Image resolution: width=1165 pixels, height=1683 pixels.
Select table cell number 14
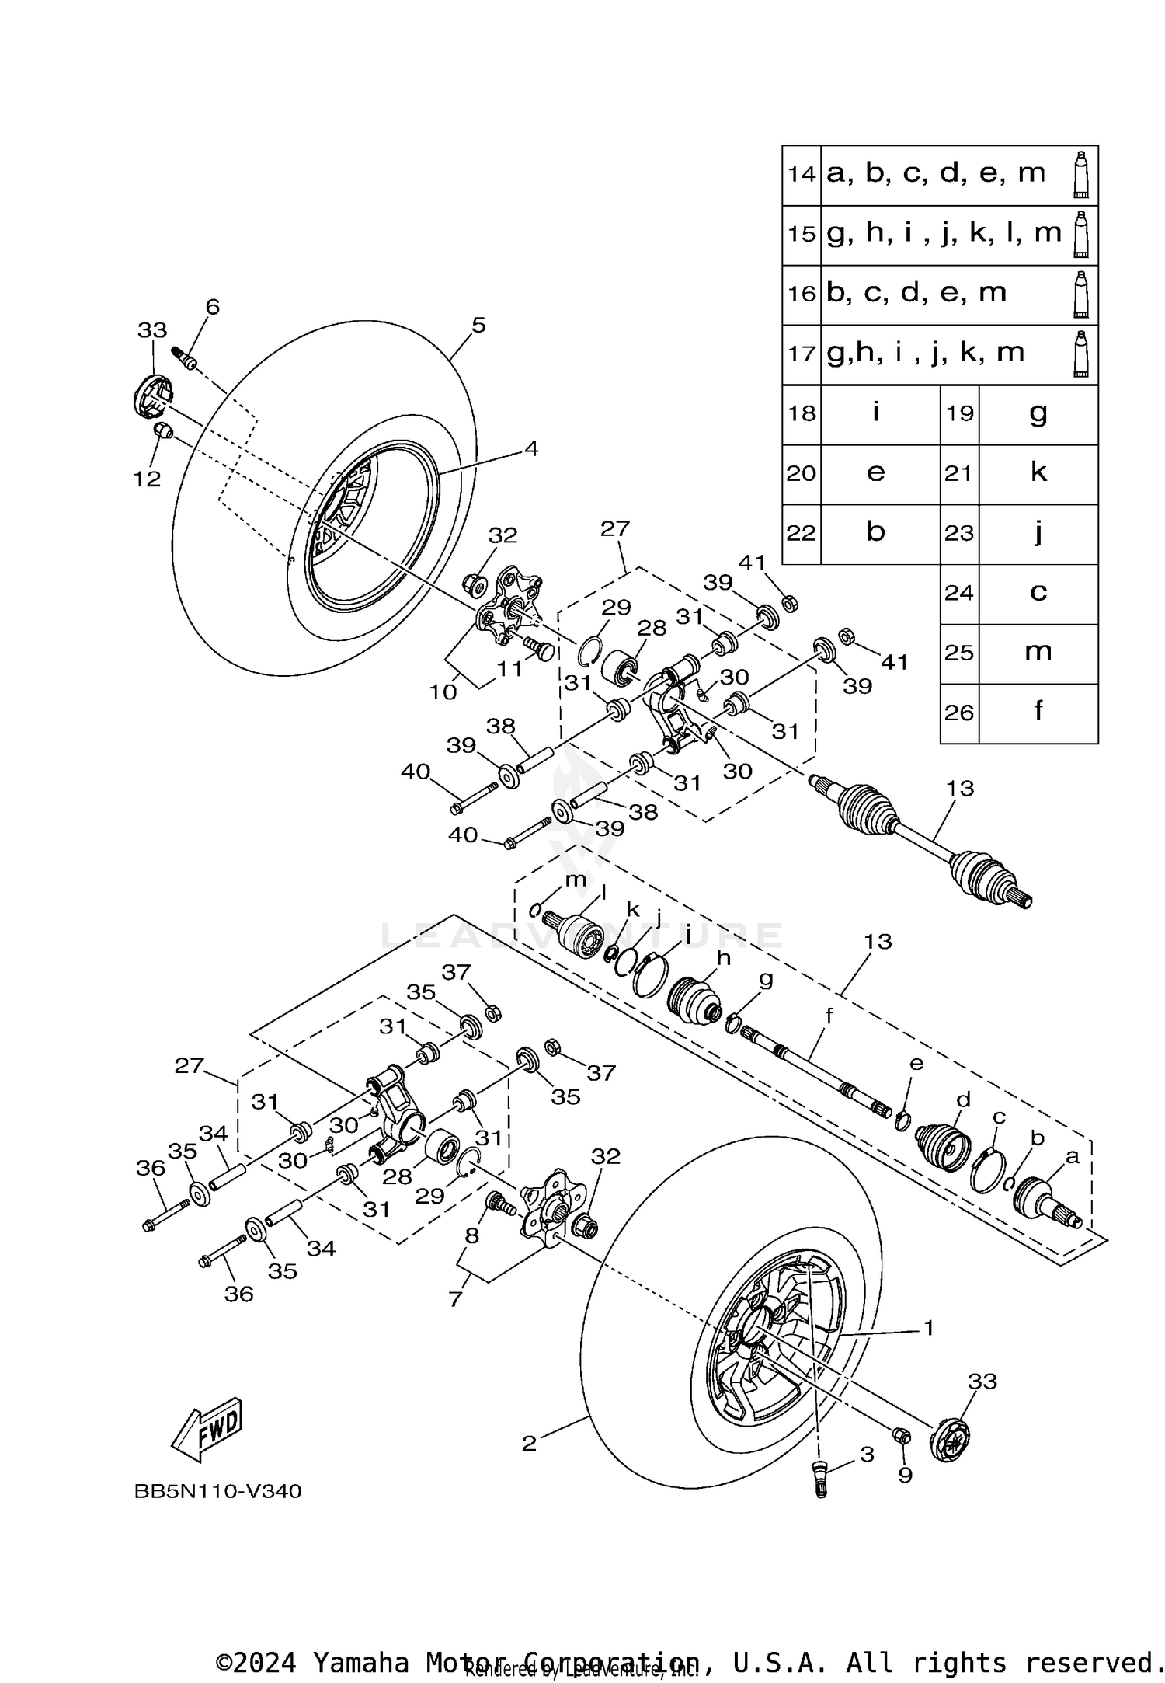[801, 174]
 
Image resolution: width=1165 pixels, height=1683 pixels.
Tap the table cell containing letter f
[1038, 712]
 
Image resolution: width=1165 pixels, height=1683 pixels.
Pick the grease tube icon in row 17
[1080, 354]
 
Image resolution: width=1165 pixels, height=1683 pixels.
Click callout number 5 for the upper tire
[478, 325]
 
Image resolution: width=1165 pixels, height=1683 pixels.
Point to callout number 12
[147, 479]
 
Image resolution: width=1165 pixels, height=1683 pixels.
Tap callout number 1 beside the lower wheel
[928, 1328]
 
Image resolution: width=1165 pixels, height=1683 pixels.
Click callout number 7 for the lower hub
[455, 1298]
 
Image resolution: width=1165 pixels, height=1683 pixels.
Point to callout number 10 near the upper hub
[443, 692]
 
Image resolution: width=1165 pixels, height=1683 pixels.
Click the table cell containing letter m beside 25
[1038, 652]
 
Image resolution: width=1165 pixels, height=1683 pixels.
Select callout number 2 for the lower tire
[529, 1444]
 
